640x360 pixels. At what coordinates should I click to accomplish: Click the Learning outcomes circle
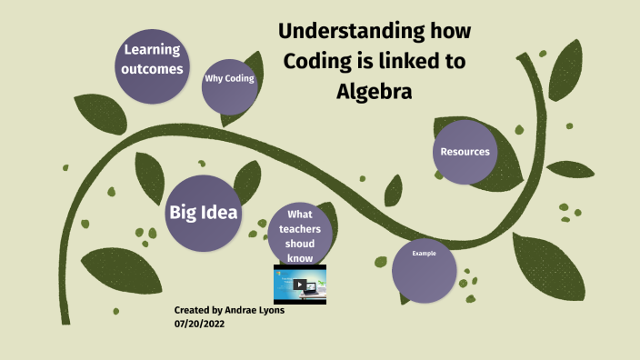pos(153,60)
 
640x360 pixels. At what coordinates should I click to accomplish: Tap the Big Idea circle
pos(204,213)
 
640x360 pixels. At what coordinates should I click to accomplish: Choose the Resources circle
pos(465,152)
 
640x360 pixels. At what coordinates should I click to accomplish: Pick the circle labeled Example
pos(425,270)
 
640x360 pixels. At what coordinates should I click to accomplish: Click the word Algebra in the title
pos(375,93)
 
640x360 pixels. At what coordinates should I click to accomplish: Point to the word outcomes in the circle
pos(153,69)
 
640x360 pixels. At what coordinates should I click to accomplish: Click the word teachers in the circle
pos(299,229)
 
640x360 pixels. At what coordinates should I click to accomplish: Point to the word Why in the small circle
pos(215,79)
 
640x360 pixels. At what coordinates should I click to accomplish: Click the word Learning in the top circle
pos(153,50)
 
